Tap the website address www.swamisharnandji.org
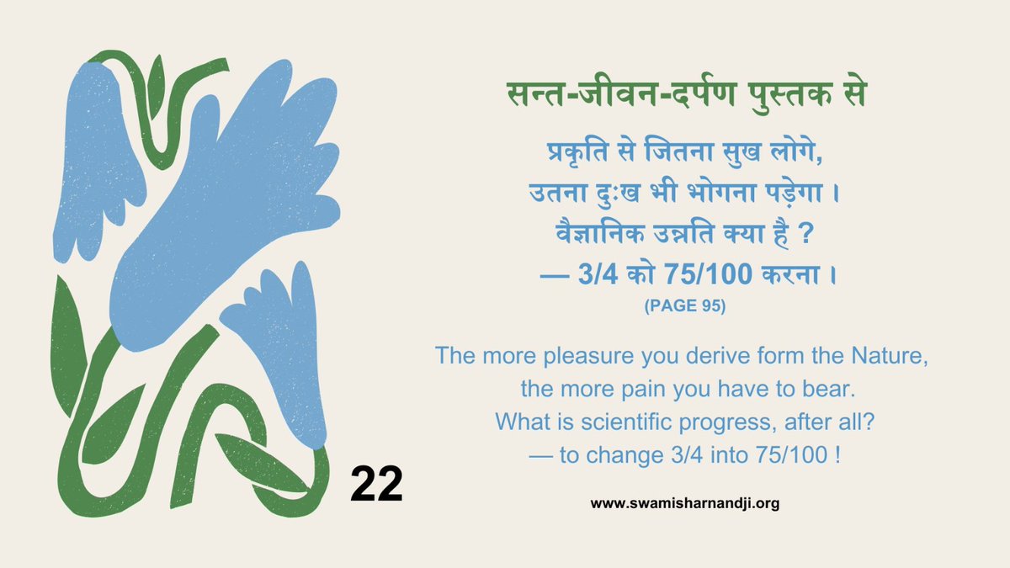click(x=685, y=504)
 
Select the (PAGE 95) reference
click(x=684, y=308)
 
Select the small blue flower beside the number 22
click(x=282, y=353)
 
